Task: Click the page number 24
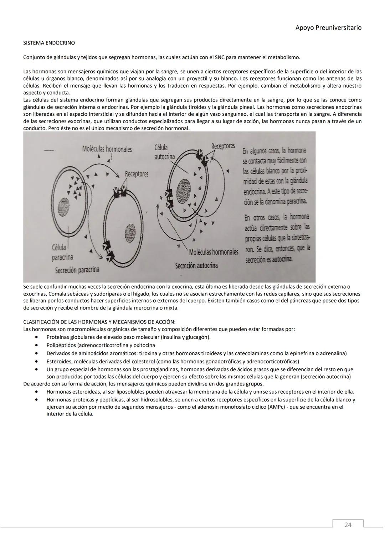pyautogui.click(x=348, y=524)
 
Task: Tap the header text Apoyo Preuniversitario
pyautogui.click(x=328, y=27)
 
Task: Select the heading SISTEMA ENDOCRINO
pyautogui.click(x=49, y=43)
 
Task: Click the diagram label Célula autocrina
pyautogui.click(x=164, y=152)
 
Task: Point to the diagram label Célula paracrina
pyautogui.click(x=62, y=252)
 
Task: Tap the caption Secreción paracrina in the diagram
pyautogui.click(x=77, y=270)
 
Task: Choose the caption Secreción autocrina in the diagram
pyautogui.click(x=196, y=265)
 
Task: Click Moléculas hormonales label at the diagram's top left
pyautogui.click(x=107, y=149)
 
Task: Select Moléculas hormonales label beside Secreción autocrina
pyautogui.click(x=213, y=252)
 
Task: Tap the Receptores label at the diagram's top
pyautogui.click(x=223, y=146)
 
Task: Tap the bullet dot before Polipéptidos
pyautogui.click(x=36, y=345)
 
